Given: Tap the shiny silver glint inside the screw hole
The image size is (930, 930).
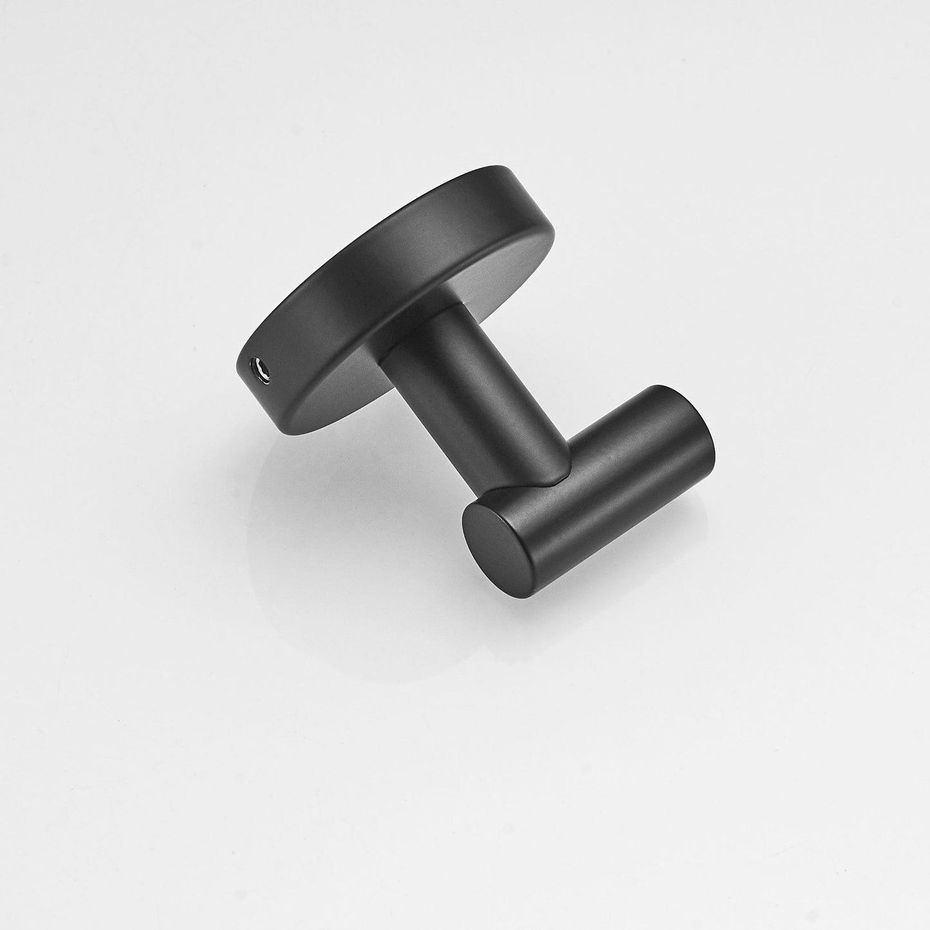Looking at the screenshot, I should [x=261, y=367].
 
